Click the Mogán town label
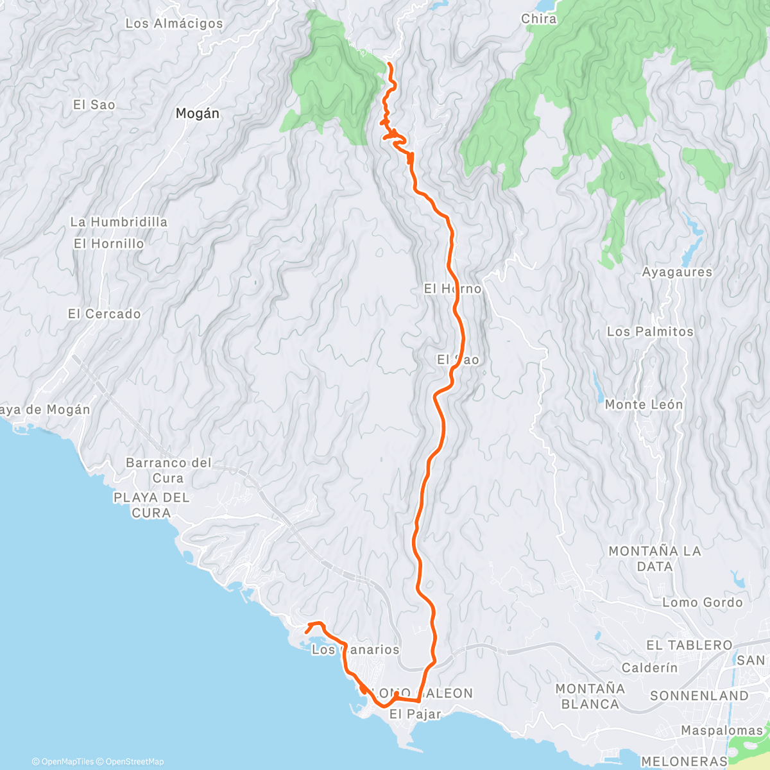click(197, 114)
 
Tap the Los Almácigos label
click(174, 24)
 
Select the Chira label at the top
click(539, 19)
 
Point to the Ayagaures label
click(677, 272)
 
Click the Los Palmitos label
click(650, 332)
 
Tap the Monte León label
click(644, 405)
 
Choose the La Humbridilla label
click(119, 222)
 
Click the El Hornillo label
click(108, 244)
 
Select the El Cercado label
click(104, 314)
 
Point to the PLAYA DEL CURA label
click(151, 505)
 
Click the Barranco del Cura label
click(168, 470)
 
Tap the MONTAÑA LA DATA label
click(654, 558)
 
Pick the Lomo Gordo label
click(702, 603)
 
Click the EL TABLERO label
click(689, 645)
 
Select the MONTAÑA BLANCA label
click(590, 696)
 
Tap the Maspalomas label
click(721, 730)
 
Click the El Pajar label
click(415, 714)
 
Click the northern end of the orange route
click(389, 63)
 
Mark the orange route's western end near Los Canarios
click(307, 625)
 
